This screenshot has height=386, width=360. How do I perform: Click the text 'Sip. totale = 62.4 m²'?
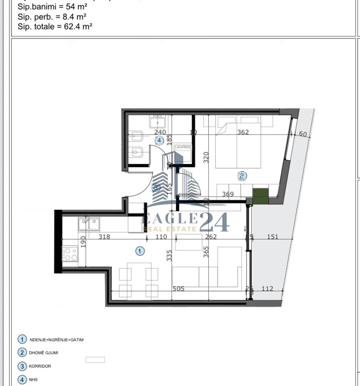(x=55, y=27)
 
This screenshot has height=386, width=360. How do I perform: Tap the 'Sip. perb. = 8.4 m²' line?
(x=52, y=16)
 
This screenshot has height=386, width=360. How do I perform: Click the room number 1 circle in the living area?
(x=139, y=251)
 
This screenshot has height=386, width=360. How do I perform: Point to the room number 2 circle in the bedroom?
(x=242, y=176)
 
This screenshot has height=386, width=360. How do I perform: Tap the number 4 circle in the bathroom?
(x=160, y=140)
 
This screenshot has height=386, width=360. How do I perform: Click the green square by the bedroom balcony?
(x=260, y=195)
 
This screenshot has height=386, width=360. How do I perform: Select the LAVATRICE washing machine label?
(x=183, y=148)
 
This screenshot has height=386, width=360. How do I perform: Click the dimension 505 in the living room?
(x=178, y=288)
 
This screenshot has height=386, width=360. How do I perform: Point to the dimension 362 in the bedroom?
(x=243, y=132)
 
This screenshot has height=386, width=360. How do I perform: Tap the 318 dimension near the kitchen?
(x=104, y=237)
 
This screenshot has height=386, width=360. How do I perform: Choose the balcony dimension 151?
(x=273, y=237)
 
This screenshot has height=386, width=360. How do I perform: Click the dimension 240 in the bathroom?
(x=160, y=132)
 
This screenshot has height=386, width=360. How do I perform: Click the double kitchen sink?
(x=89, y=224)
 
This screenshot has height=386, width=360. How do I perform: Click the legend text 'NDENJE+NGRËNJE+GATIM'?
(x=57, y=340)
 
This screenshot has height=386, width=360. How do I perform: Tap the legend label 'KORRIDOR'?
(x=40, y=366)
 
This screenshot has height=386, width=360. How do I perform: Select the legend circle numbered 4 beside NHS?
(x=22, y=379)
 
